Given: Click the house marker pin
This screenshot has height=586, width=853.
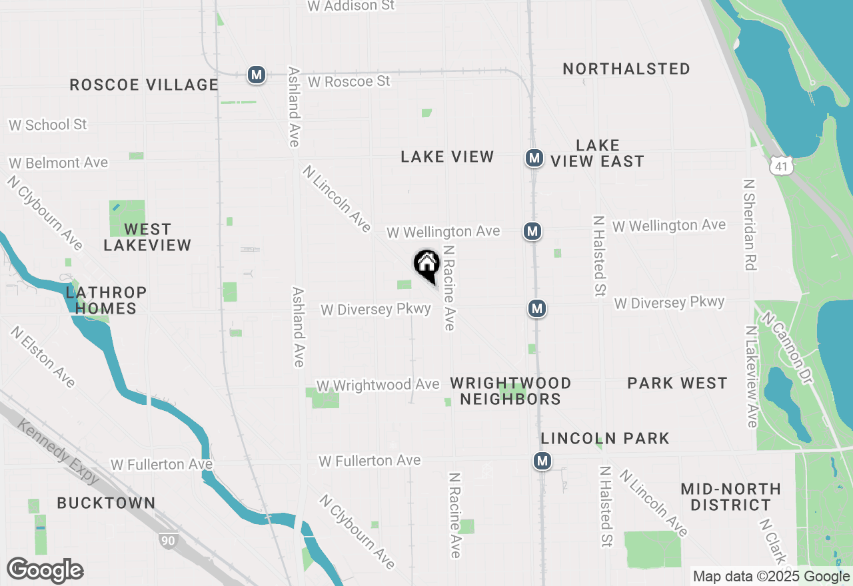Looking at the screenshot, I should coord(426,264).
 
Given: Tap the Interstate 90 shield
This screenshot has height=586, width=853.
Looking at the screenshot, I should coord(168,540).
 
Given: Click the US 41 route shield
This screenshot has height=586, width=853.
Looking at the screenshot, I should coord(781,166).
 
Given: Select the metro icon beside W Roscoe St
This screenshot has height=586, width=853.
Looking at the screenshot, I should coord(257,75).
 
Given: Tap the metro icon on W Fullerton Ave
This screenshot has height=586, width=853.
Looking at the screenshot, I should coord(542,461).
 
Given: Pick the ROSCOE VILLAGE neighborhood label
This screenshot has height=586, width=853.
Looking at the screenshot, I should coord(144,85).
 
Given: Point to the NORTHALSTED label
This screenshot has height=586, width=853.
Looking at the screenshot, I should coord(626,69).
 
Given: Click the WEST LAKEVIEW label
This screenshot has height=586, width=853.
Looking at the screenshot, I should coord(147,237).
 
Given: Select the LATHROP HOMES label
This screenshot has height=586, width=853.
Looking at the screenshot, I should coord(106,300).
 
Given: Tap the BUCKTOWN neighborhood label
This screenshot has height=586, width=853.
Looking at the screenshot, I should coord(106,503).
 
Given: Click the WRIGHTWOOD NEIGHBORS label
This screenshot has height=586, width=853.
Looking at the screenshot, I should coord(510,391).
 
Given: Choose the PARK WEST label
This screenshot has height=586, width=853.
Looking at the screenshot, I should coord(677,383).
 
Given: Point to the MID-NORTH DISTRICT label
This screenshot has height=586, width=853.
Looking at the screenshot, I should coord(730,497).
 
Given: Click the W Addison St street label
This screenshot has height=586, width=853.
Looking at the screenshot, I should coord(351,6).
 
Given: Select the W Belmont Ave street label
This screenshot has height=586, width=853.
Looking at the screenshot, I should coord(58,162).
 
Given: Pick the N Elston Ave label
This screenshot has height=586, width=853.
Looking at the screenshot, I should coord(43,357).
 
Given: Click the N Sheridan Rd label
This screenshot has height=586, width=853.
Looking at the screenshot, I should coord(750,224).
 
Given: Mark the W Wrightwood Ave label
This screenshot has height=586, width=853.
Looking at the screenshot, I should coord(378,385).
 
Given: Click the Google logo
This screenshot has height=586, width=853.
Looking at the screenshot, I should coord(45,571).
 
